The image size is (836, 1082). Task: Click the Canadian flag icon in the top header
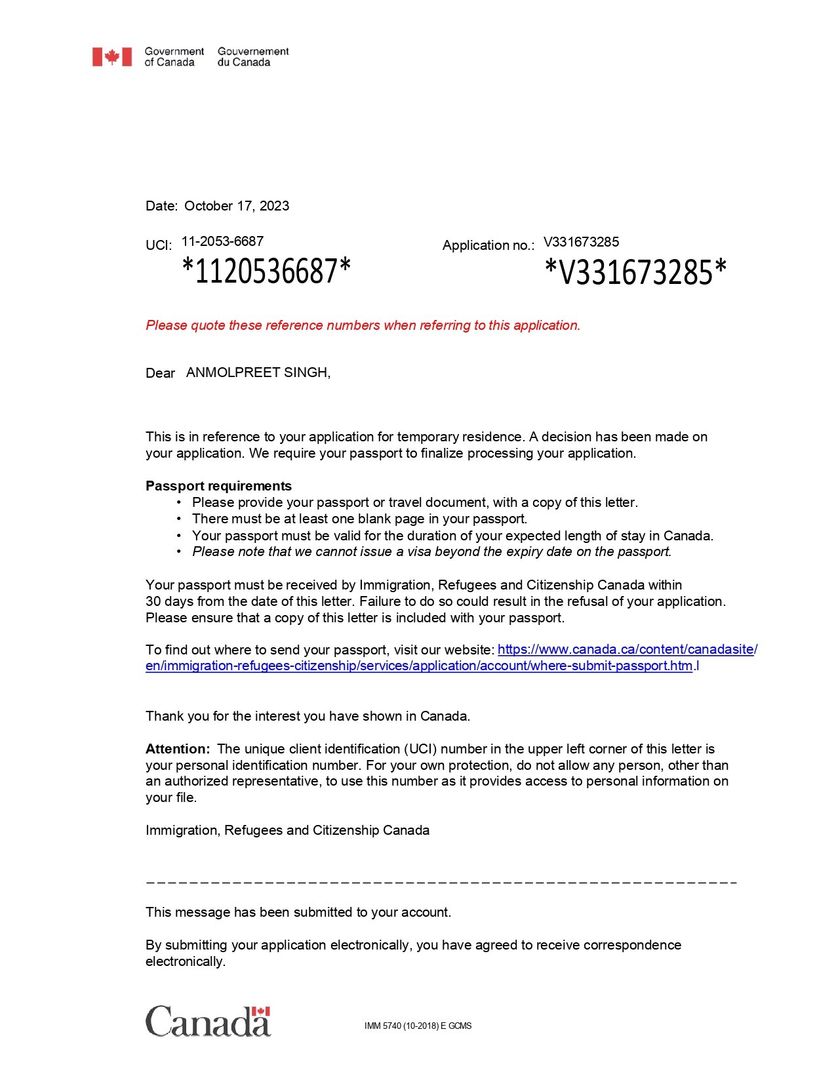[111, 57]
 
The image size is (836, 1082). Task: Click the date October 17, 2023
[236, 206]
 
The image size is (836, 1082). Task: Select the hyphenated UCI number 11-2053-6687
[222, 241]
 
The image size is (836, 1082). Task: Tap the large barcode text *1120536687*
[266, 271]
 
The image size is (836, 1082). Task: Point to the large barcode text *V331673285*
[635, 272]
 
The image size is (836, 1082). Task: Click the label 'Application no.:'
[488, 245]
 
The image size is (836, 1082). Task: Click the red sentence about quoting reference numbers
[363, 325]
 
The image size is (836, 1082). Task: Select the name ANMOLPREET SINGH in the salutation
[258, 372]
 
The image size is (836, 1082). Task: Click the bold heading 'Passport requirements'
[218, 486]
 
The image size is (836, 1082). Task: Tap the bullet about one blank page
[359, 519]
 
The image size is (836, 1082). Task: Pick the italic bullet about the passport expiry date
[431, 551]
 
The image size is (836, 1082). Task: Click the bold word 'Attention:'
[178, 749]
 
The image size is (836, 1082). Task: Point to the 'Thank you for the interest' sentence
[308, 716]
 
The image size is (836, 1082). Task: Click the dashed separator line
[441, 883]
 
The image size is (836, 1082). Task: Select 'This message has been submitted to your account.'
[298, 912]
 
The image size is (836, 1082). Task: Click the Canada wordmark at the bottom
[208, 1022]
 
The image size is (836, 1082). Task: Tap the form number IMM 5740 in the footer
[418, 1026]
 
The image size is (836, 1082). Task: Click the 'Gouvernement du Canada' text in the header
[253, 57]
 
